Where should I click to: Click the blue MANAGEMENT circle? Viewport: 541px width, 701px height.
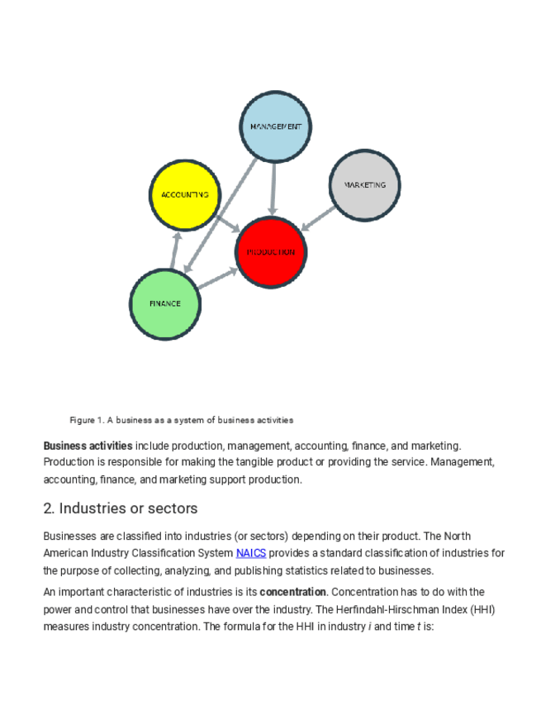(275, 126)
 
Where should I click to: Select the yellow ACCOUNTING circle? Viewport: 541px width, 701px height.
(185, 195)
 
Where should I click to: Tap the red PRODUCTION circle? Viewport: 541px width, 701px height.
(271, 252)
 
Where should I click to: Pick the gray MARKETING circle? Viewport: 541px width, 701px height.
(364, 185)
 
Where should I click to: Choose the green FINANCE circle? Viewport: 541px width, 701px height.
(165, 303)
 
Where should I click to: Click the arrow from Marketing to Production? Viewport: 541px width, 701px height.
(318, 218)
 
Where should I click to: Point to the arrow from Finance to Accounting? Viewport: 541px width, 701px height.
(174, 250)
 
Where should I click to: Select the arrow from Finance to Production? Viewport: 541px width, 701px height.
(217, 279)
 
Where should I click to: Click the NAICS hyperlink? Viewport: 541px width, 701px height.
(250, 553)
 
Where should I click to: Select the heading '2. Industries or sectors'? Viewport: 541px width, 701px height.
(121, 508)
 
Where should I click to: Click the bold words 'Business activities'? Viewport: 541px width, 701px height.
(88, 446)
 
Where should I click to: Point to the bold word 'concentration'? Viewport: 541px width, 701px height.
(292, 592)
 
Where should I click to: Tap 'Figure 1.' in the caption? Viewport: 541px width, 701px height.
(86, 420)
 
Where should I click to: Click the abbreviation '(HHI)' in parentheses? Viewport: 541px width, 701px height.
(486, 609)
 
